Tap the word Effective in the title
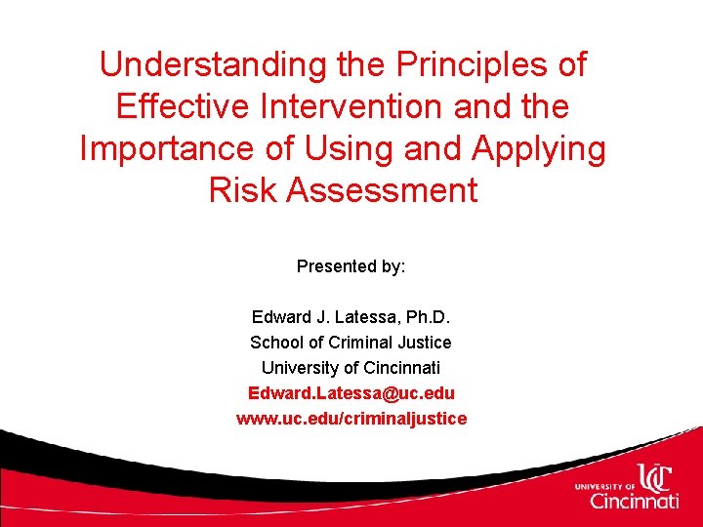pyautogui.click(x=180, y=106)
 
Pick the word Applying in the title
pyautogui.click(x=540, y=148)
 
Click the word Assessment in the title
pyautogui.click(x=381, y=190)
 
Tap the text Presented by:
pyautogui.click(x=351, y=266)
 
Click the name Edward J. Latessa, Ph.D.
pyautogui.click(x=351, y=317)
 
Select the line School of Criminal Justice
pyautogui.click(x=351, y=343)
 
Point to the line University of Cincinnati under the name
pyautogui.click(x=351, y=368)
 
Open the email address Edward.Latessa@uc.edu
pyautogui.click(x=351, y=393)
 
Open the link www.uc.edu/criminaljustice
pyautogui.click(x=351, y=419)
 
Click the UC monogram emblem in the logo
pyautogui.click(x=656, y=475)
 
